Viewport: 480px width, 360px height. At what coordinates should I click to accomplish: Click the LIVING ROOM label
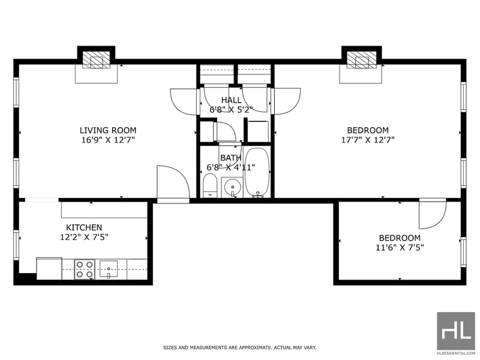108,130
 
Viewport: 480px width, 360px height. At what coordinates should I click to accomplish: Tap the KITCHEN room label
84,227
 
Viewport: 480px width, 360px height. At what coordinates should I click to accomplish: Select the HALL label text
231,100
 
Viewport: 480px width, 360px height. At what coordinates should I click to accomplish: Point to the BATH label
231,158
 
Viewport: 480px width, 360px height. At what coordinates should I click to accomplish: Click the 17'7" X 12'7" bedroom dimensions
368,140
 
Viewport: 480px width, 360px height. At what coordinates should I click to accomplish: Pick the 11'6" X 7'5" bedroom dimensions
400,247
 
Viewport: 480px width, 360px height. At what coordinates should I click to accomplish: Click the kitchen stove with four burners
85,269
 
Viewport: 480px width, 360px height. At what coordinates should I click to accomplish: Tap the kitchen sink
109,269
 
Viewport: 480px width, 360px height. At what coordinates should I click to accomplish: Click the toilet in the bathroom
210,186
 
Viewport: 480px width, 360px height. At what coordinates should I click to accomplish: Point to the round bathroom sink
232,187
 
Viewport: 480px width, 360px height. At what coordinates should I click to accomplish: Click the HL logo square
456,331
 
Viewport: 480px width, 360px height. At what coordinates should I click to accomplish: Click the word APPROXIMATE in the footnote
255,348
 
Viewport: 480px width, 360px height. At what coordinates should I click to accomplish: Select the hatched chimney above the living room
97,59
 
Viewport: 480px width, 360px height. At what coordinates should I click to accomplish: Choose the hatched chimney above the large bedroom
362,59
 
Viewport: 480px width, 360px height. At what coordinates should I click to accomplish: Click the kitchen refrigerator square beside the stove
49,268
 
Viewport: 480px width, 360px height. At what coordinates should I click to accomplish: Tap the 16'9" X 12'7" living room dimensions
108,140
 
